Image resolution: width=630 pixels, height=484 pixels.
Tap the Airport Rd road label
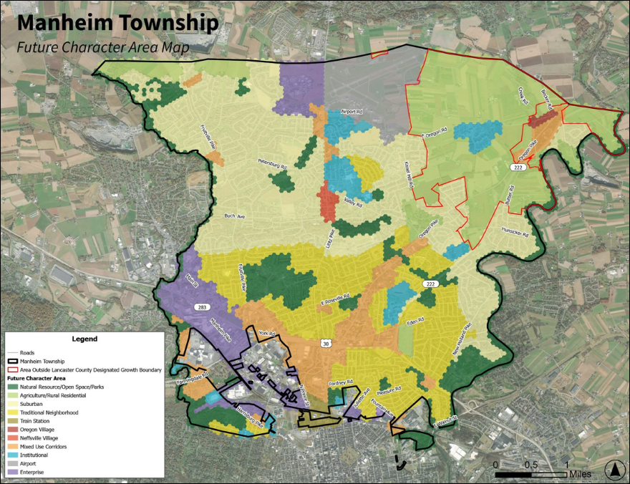pos(352,112)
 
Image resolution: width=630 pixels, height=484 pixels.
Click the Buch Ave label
pos(235,216)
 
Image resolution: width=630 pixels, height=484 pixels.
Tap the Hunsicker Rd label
pos(515,233)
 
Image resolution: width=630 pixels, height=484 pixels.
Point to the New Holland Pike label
pos(461,340)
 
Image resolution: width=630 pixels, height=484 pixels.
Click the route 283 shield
pos(203,306)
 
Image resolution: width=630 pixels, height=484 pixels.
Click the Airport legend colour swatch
pos(13,463)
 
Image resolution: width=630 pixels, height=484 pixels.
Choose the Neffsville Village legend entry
pos(47,438)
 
